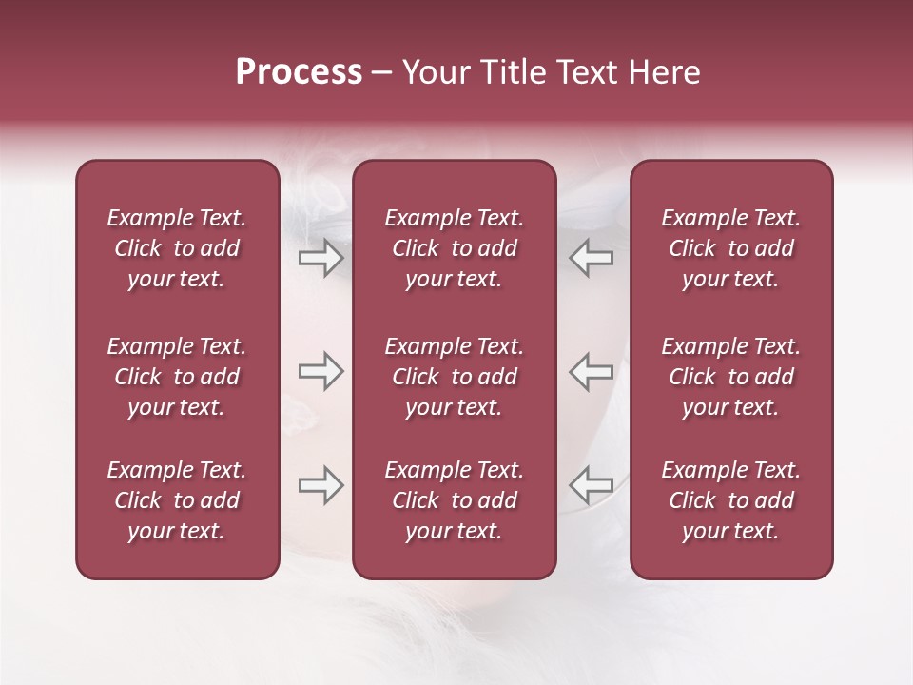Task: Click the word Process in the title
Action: point(299,72)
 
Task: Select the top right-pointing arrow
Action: point(321,258)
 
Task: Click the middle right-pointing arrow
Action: point(321,371)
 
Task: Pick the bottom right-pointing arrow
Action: point(321,485)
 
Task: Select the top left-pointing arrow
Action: point(591,258)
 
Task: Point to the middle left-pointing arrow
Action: point(591,371)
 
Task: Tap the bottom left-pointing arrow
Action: point(591,485)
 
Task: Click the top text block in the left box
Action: point(177,248)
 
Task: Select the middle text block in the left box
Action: point(177,377)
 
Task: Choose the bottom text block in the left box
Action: point(177,500)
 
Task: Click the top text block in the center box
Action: point(454,248)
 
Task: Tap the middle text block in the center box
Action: point(454,377)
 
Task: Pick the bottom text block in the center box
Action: point(454,500)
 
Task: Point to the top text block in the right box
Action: point(730,248)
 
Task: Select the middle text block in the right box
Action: point(730,377)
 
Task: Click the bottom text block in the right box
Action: point(730,500)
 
